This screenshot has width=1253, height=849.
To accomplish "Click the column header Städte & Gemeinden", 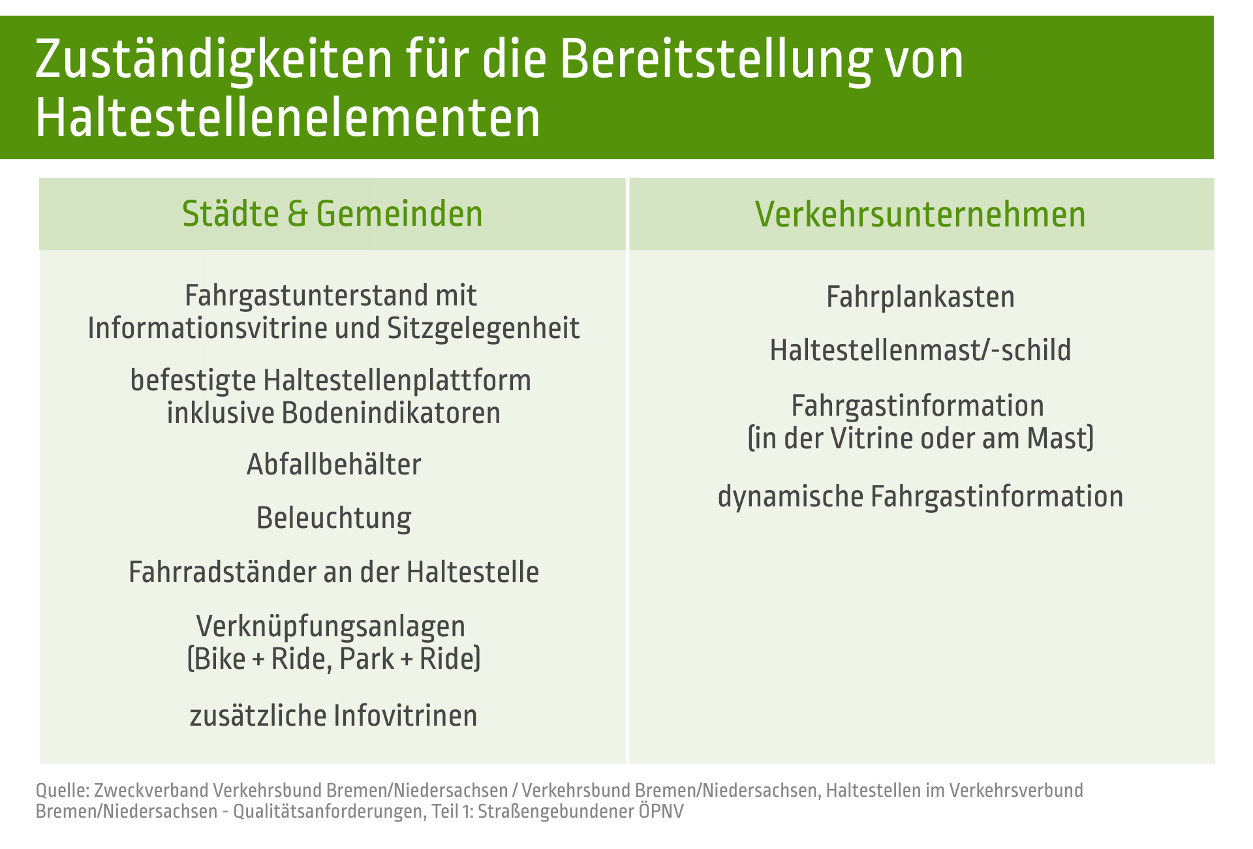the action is [x=332, y=214].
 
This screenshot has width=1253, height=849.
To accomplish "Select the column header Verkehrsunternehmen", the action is [x=920, y=214].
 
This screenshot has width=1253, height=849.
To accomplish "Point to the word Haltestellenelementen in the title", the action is [x=288, y=117].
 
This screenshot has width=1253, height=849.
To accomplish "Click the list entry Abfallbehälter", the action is [x=333, y=465].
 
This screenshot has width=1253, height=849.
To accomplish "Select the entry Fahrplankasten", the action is [x=920, y=298].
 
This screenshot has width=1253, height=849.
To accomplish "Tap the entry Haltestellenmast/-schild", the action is [x=920, y=350].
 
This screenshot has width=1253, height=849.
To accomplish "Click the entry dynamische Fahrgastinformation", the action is [x=920, y=497].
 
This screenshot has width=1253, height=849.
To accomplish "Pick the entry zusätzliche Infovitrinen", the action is [x=333, y=716].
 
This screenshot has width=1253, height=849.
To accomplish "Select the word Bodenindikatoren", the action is [x=391, y=413].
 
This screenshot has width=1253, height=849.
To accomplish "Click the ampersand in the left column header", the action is [x=297, y=215].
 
